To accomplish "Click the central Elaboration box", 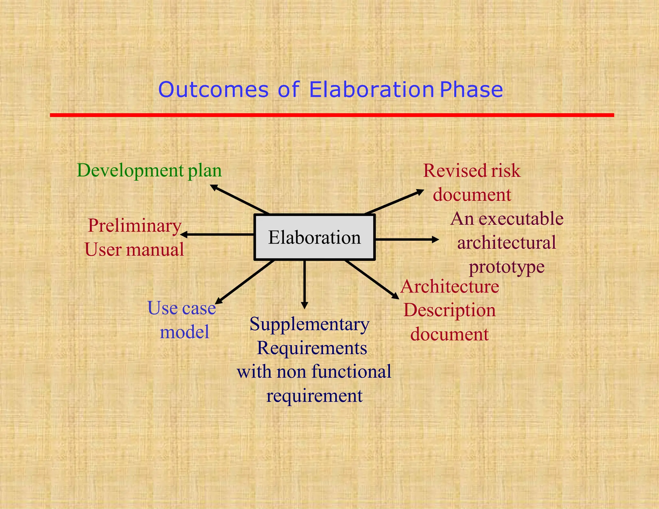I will [314, 237].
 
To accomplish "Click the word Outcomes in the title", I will [213, 90].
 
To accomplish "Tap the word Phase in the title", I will [471, 90].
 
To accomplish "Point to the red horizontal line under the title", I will [331, 115].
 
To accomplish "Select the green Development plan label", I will [149, 171].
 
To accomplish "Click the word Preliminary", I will [135, 226].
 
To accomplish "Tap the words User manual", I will [134, 250].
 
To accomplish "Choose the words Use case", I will [181, 308].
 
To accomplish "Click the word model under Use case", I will [184, 332].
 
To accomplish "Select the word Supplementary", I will [309, 324].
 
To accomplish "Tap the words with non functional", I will [314, 372].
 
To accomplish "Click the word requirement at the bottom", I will [314, 396].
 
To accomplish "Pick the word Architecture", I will [450, 286].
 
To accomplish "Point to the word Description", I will [450, 310].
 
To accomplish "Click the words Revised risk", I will [471, 171].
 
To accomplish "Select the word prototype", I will [506, 267].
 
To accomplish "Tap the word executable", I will [521, 219].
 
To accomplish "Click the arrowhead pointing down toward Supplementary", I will [305, 305].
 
